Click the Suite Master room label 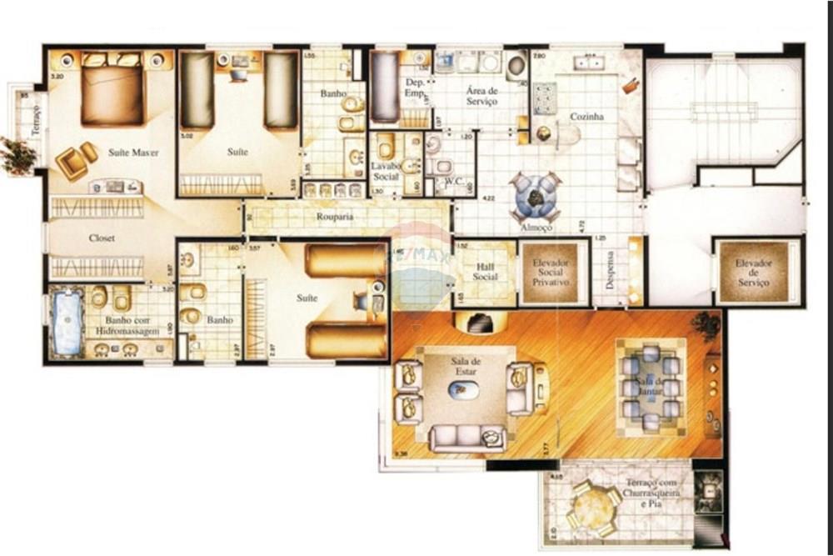[x=132, y=153]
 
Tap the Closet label [x=102, y=238]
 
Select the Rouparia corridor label [x=335, y=217]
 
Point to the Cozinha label [x=586, y=118]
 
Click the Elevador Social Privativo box [x=550, y=272]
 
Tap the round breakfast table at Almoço [x=535, y=198]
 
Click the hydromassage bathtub [x=67, y=323]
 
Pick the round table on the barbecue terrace [x=593, y=505]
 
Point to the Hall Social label [x=485, y=272]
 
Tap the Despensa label [x=610, y=270]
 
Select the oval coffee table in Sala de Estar [x=463, y=389]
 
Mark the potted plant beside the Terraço [x=17, y=155]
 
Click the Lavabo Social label [x=385, y=171]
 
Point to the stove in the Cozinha [x=545, y=98]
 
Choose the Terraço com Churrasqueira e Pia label [x=652, y=493]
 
